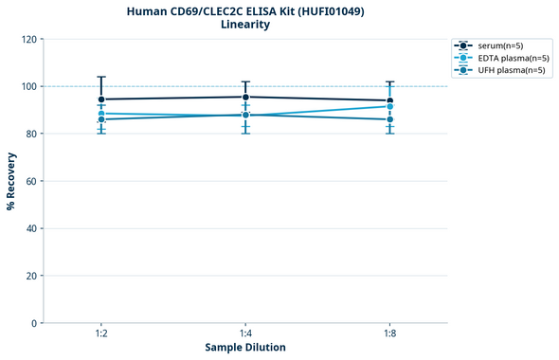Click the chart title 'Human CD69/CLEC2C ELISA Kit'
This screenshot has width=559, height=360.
point(244,10)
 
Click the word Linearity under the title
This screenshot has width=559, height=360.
point(244,25)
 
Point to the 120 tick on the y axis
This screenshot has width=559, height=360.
point(29,39)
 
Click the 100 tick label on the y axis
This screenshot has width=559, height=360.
point(29,86)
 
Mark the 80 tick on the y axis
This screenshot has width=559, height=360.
point(32,134)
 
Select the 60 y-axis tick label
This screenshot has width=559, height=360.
point(32,181)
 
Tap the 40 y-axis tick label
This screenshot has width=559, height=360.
point(32,228)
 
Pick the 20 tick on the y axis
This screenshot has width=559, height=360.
point(32,276)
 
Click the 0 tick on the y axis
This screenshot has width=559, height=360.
point(35,323)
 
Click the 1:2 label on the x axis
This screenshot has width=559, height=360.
point(101,333)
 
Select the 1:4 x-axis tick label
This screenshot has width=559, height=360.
point(245,333)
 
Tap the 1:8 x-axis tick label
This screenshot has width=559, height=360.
point(389,333)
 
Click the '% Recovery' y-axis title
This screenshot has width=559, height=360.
point(11,180)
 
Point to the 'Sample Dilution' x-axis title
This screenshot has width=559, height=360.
point(245,348)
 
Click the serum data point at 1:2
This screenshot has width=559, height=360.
point(101,99)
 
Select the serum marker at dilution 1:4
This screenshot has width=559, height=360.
point(245,97)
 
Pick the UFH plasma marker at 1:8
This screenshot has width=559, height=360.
point(389,119)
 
